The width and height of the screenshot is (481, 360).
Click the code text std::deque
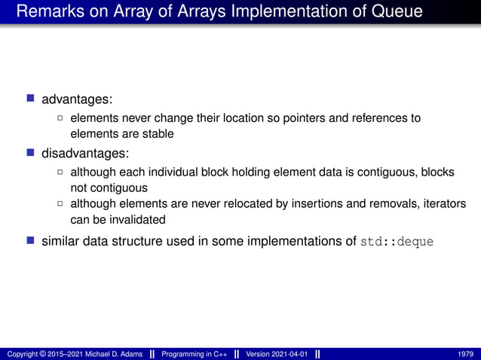398,242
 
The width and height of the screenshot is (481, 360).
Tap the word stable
157,134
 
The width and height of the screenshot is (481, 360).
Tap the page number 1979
465,354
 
